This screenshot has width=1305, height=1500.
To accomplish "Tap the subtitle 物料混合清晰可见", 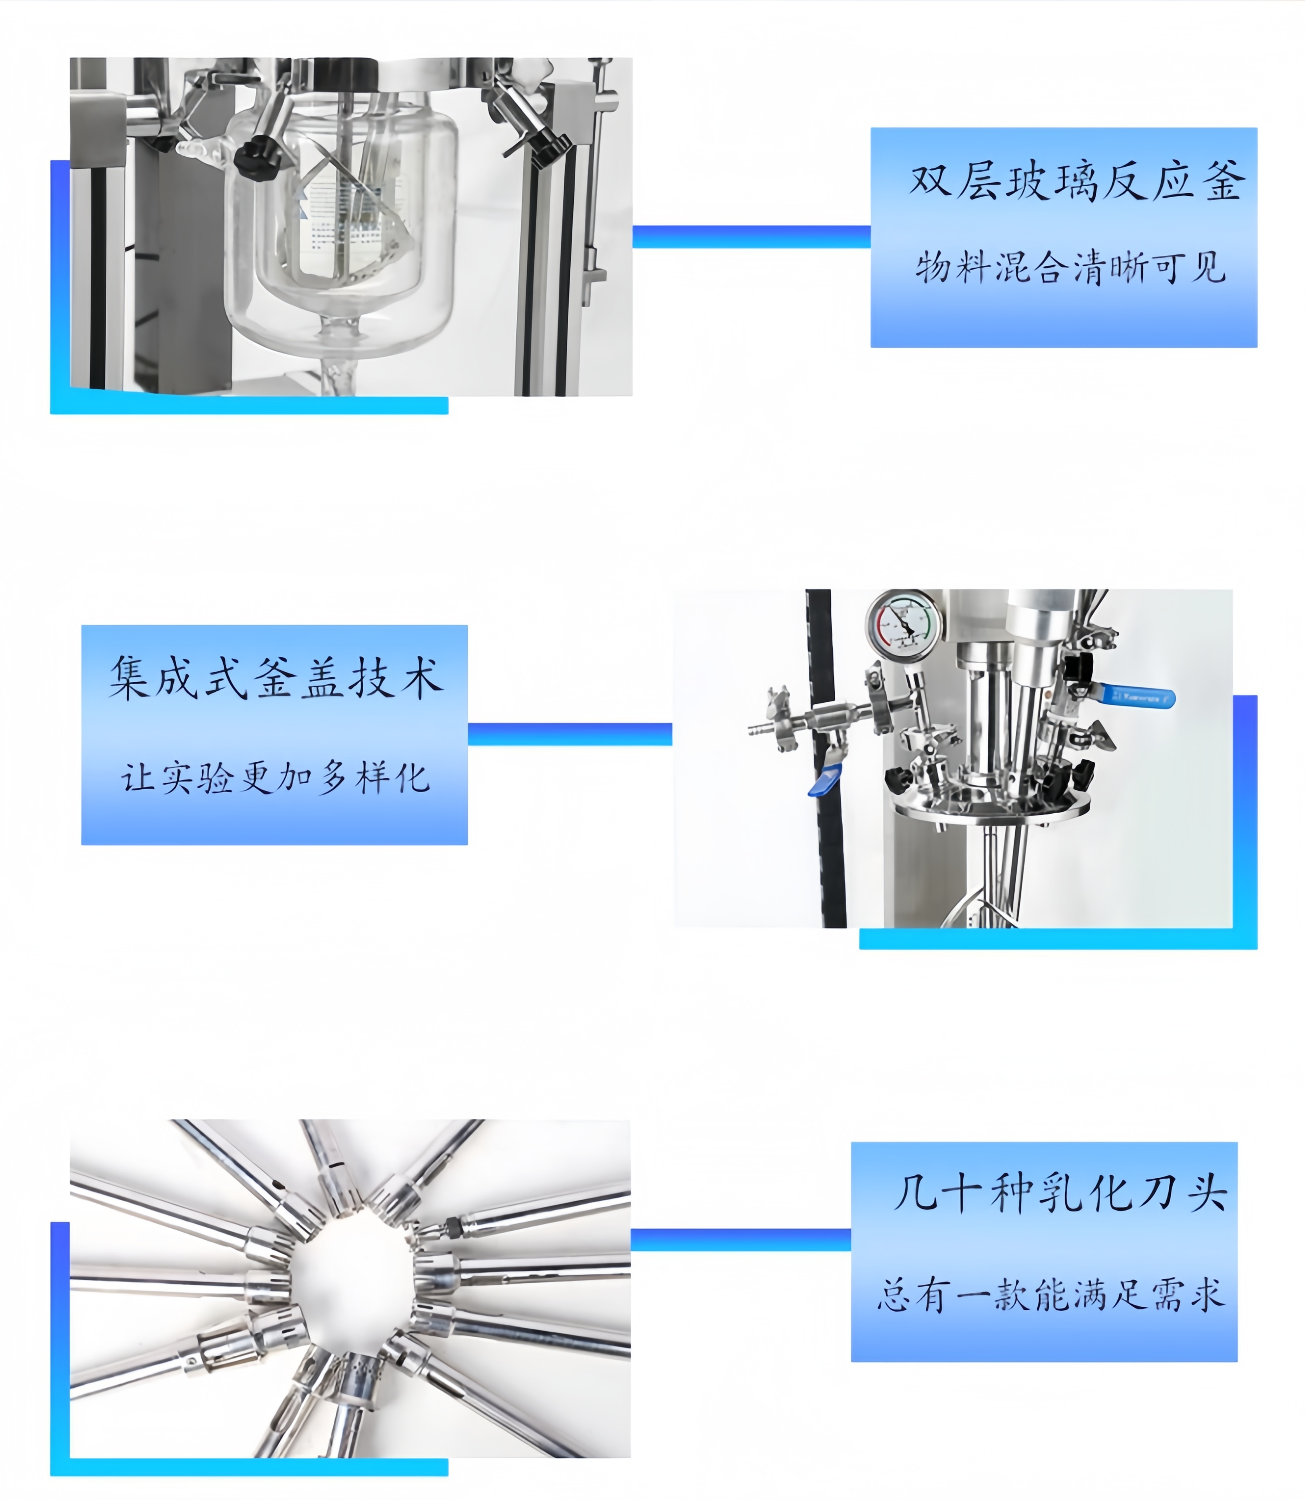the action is (x=1071, y=267).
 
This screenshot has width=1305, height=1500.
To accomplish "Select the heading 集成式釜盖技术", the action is (x=276, y=678).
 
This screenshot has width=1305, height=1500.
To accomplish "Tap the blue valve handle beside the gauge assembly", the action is (x=1136, y=697).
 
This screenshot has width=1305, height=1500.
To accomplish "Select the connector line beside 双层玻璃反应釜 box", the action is (x=752, y=237).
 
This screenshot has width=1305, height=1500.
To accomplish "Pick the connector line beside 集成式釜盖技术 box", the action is (x=569, y=734).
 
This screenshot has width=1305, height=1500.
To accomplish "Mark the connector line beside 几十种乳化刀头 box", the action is (x=741, y=1239).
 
